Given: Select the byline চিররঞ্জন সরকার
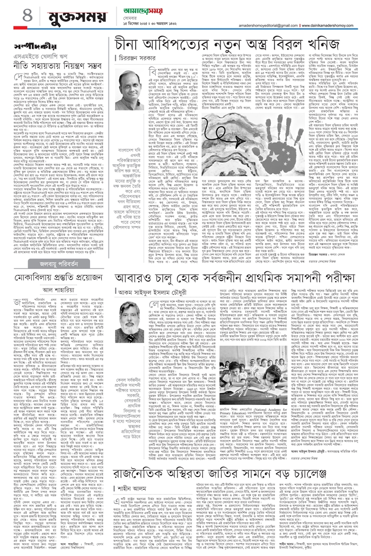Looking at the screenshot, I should coord(140,58).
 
